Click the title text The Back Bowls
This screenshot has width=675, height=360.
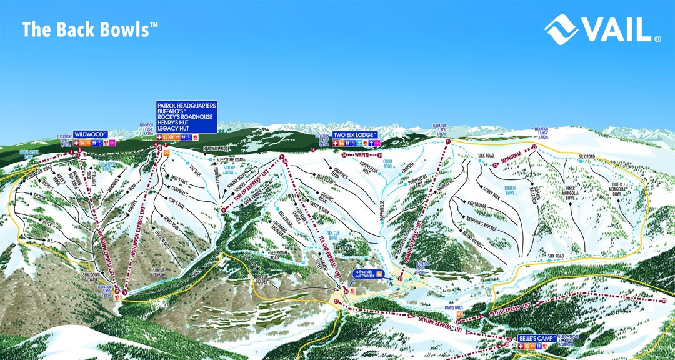(x=86, y=29)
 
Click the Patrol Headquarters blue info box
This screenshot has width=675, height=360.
(x=186, y=116)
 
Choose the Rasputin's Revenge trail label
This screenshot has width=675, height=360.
(x=491, y=221)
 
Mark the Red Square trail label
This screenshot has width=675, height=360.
(x=480, y=203)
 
